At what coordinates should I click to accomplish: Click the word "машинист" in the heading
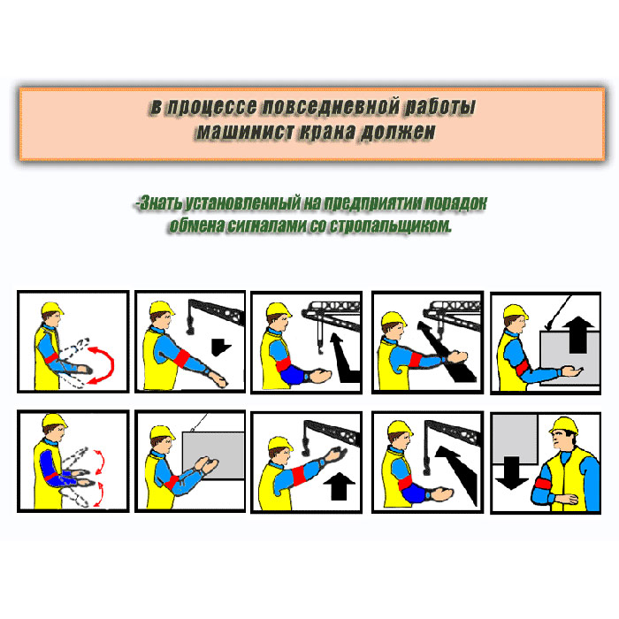245,132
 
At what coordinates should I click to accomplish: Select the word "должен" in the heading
398,132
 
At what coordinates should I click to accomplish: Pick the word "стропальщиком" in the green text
390,225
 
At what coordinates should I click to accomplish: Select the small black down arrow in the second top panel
220,347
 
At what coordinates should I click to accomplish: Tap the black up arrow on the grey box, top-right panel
577,334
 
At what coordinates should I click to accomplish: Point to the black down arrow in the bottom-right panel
512,472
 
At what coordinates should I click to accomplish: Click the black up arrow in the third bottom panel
339,485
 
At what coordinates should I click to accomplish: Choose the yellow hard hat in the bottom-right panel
564,425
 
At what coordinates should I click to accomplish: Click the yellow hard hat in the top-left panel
51,309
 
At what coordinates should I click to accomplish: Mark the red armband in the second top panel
182,358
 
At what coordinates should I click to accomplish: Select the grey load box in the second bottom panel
214,455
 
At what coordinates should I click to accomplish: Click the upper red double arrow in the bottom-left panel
99,461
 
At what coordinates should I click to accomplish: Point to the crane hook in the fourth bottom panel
426,466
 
